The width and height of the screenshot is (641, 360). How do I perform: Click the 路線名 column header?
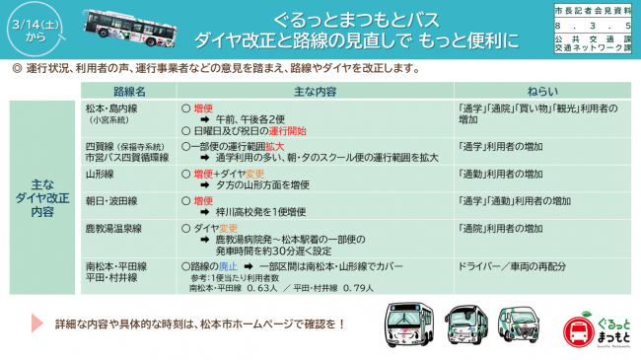coord(130,90)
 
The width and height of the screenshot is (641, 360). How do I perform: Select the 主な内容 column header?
coord(317,90)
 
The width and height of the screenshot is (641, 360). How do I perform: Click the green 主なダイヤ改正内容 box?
coord(42,197)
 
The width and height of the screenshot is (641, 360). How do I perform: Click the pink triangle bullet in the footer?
coord(36,324)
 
